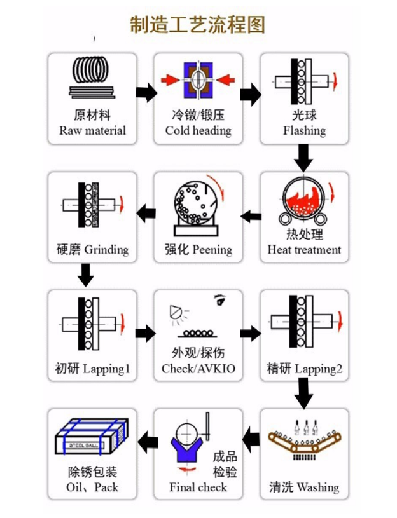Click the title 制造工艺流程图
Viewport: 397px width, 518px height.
point(197,25)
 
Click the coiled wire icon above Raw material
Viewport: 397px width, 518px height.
point(92,78)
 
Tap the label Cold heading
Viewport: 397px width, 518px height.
point(198,131)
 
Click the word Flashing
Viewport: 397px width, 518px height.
point(304,131)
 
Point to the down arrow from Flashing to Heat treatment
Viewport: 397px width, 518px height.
point(304,156)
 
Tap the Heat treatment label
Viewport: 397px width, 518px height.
point(304,250)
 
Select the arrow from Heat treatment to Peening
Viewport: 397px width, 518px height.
point(251,217)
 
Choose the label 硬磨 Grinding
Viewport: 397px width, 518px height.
point(92,249)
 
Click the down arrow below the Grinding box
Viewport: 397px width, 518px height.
point(85,275)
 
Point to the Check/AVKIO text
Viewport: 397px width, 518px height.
point(198,369)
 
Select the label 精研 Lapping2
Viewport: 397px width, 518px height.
point(304,369)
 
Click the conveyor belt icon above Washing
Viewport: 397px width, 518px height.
point(303,442)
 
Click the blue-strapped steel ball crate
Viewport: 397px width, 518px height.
point(92,439)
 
